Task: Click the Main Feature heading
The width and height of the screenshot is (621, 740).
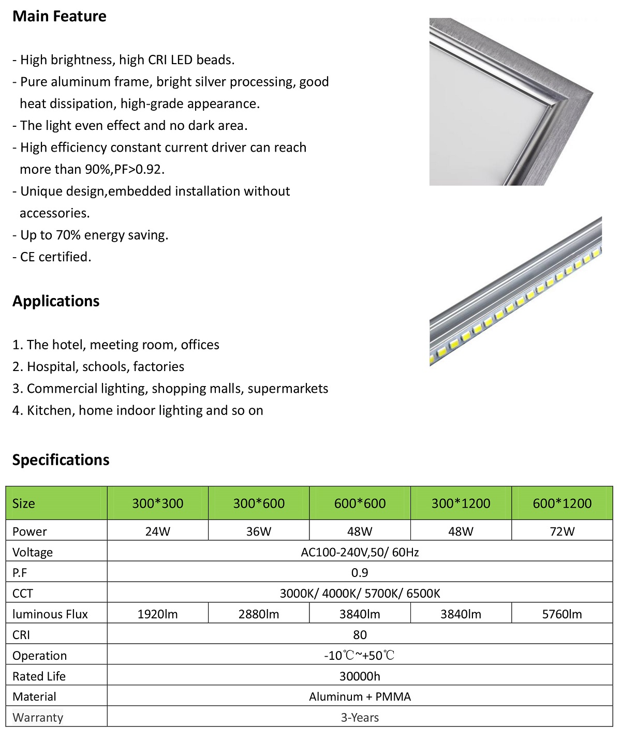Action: tap(60, 17)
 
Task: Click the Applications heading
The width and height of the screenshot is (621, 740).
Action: tap(56, 301)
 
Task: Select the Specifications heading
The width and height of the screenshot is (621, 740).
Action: tap(61, 460)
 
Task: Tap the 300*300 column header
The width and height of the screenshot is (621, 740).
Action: tap(157, 504)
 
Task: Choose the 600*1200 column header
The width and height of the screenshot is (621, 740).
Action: tap(562, 504)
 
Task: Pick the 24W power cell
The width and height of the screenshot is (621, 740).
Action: tap(157, 531)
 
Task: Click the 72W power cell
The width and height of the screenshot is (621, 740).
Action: tap(562, 531)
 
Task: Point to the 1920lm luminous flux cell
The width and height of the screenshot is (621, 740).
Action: tap(157, 614)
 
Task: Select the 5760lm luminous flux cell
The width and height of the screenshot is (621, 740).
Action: tap(562, 614)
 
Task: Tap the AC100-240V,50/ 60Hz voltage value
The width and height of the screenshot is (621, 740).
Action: tap(360, 552)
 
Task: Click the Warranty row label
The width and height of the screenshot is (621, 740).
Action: tap(38, 718)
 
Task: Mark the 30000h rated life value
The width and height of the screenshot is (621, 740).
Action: tap(360, 676)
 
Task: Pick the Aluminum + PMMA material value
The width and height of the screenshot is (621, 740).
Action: tap(360, 697)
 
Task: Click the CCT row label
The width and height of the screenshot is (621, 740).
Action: tap(23, 594)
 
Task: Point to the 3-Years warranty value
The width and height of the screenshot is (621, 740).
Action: tap(360, 718)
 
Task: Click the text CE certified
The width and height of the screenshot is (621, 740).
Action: tap(55, 257)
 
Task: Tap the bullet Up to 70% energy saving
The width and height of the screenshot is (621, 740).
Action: tap(94, 235)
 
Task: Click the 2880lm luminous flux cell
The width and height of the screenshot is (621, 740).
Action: tap(259, 614)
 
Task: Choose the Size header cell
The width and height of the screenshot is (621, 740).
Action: tap(24, 504)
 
